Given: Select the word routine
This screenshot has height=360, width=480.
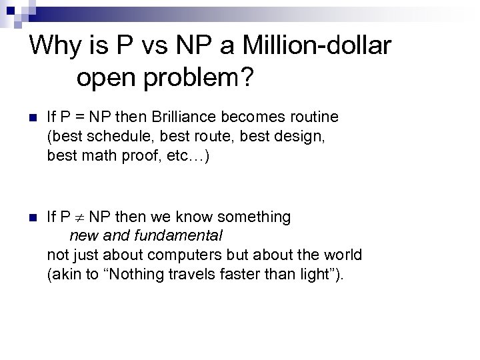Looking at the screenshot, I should [x=312, y=117].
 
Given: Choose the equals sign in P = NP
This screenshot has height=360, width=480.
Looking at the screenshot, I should [x=82, y=118].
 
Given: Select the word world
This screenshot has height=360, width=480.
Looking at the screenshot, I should [x=343, y=255].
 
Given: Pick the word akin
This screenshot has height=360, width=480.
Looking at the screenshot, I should [x=65, y=273].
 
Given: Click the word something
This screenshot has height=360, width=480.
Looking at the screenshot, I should [x=254, y=217].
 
